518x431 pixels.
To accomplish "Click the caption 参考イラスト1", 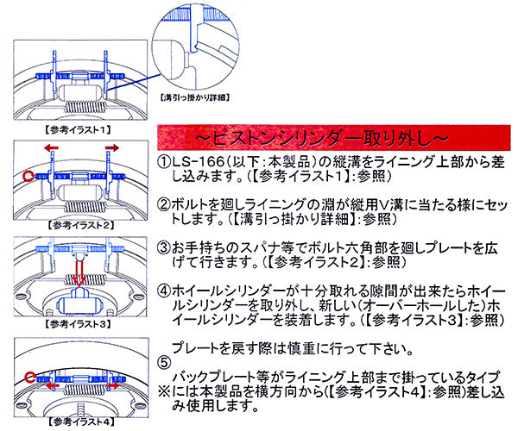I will tap(76, 128).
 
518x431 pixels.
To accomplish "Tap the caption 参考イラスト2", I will tap(76, 223).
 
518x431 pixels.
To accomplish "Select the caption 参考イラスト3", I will tap(76, 325).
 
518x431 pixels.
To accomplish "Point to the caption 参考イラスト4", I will tap(76, 424).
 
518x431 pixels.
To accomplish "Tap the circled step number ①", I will tap(164, 162).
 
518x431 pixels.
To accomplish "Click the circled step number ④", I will tap(164, 291).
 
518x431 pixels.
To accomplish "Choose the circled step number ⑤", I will tap(164, 362).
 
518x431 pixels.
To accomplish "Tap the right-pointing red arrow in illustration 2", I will tap(111, 148).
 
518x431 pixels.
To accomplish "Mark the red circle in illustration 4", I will tap(29, 376).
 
